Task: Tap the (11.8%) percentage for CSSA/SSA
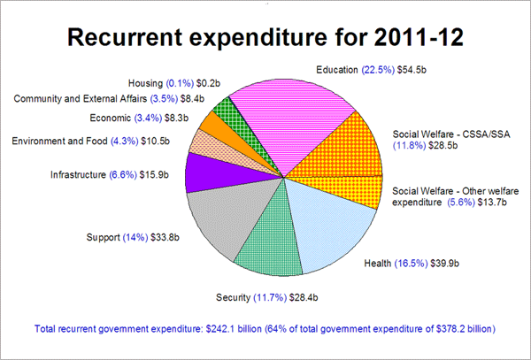(410, 148)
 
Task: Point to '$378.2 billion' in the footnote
(466, 328)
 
